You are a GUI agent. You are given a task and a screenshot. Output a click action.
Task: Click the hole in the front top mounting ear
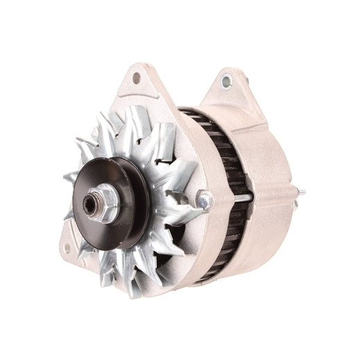click(136, 78)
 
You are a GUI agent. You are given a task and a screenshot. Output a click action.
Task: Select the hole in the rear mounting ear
click(226, 82)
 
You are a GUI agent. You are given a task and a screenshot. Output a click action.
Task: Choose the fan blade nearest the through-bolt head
click(183, 208)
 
